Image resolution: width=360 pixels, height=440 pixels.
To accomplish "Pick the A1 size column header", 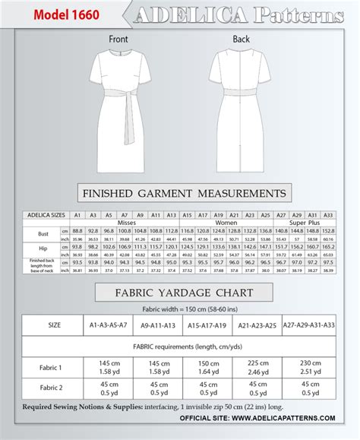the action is click(x=77, y=215).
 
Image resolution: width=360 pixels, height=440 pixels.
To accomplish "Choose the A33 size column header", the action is click(x=328, y=215).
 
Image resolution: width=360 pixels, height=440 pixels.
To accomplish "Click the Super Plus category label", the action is click(x=305, y=223).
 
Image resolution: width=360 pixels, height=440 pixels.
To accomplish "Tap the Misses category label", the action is click(x=125, y=223).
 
